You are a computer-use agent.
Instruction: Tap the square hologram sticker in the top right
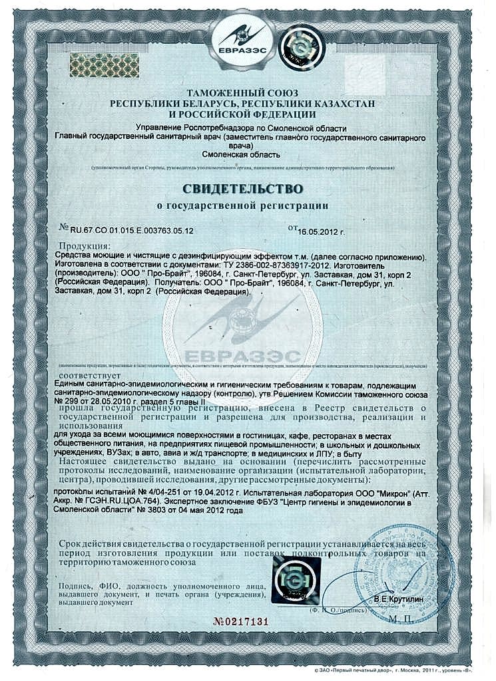tap(296, 49)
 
